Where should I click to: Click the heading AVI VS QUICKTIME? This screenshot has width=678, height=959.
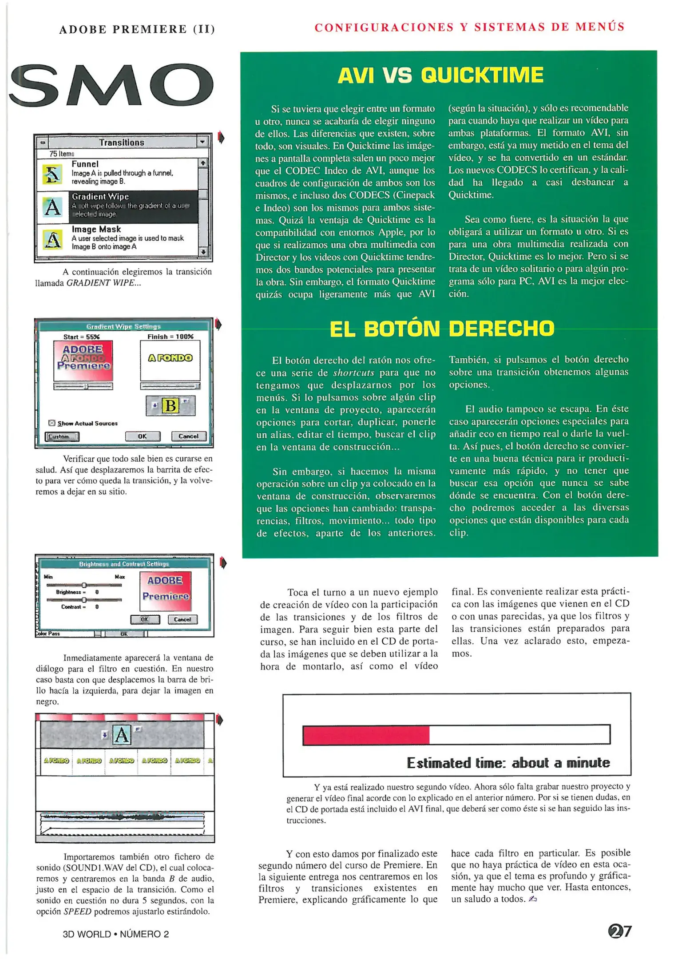440,75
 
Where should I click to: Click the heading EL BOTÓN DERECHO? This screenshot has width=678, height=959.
442,329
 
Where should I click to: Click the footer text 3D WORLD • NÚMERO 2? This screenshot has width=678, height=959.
116,934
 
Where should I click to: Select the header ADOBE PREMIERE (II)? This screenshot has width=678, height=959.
137,29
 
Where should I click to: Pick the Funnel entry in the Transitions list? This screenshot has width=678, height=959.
117,173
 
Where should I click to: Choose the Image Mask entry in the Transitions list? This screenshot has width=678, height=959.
117,238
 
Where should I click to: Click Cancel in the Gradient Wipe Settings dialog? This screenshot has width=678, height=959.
189,436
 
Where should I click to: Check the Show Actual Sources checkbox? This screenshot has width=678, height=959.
52,423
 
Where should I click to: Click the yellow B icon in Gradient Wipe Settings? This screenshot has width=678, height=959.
170,406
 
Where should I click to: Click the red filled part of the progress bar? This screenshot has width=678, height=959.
366,735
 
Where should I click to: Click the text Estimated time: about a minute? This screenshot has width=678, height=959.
508,763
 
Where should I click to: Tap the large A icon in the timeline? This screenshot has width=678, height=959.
121,735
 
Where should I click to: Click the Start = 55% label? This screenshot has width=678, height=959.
81,337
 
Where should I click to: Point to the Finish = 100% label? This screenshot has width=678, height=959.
170,337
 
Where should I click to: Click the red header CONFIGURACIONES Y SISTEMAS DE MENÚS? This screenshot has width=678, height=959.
469,27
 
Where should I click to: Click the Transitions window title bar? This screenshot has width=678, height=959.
121,143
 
